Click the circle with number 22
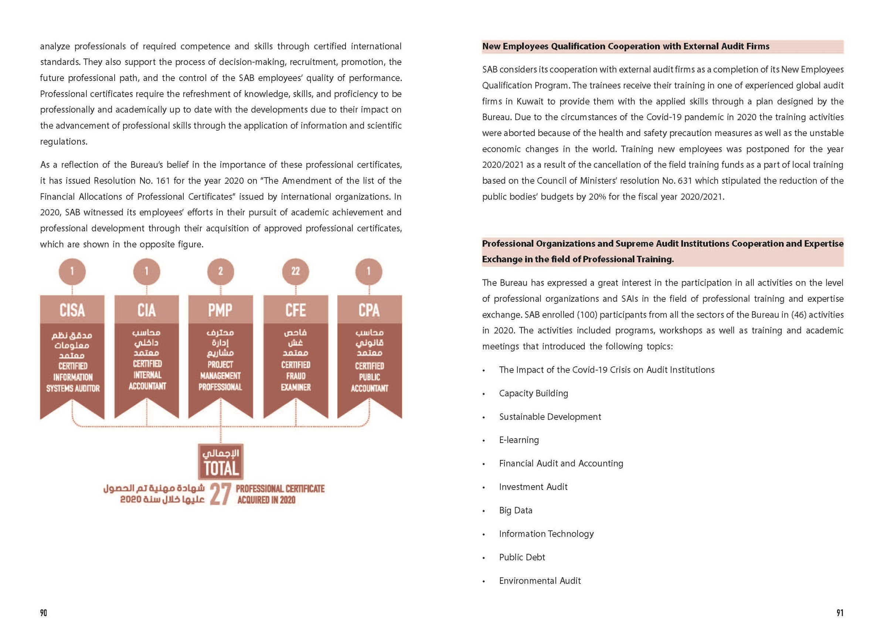click(295, 271)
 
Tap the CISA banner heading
click(72, 310)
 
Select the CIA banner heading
click(147, 310)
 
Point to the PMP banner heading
click(220, 310)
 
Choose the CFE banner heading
click(295, 310)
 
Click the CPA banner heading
click(369, 310)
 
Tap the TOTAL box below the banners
click(221, 462)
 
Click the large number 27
click(221, 494)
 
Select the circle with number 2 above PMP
click(221, 271)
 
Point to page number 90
click(43, 613)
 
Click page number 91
click(840, 613)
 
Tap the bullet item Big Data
click(515, 510)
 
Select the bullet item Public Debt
click(522, 557)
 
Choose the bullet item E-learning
click(519, 440)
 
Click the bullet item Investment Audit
click(533, 487)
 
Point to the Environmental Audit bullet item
click(540, 581)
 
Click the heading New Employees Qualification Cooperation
click(626, 46)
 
